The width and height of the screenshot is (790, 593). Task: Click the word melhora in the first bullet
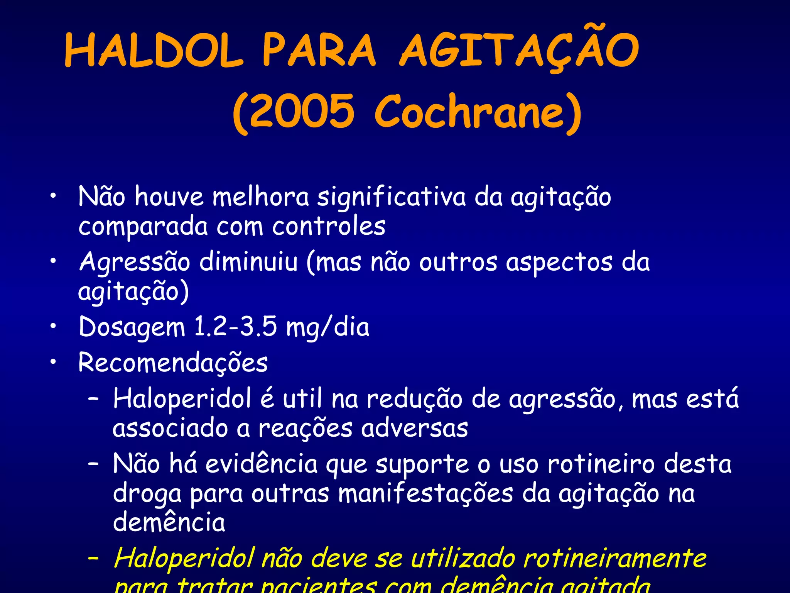(x=261, y=197)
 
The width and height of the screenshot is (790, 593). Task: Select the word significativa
(x=391, y=197)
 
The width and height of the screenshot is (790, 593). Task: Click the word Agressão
(x=134, y=262)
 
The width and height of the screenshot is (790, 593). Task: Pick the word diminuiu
(x=248, y=262)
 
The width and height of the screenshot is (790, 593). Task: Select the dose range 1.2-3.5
(x=235, y=327)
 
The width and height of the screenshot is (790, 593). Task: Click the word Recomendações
(x=173, y=363)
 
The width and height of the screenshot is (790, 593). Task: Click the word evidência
(x=262, y=464)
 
